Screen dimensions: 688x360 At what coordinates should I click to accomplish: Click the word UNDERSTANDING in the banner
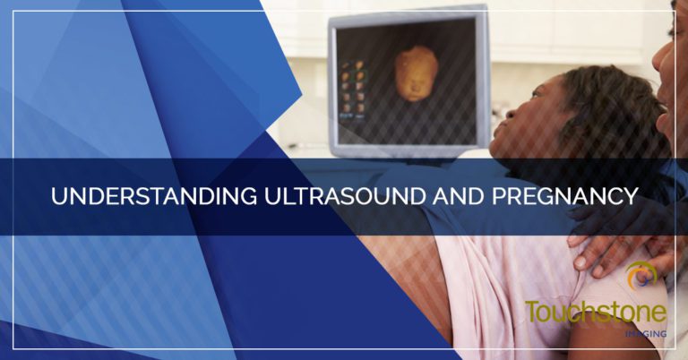click(x=154, y=196)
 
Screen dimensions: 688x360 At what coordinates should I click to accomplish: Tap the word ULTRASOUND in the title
click(x=344, y=196)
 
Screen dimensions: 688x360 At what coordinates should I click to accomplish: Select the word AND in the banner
click(x=458, y=196)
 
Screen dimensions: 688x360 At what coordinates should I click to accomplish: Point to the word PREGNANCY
click(x=564, y=196)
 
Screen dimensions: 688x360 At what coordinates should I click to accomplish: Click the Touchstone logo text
click(x=596, y=312)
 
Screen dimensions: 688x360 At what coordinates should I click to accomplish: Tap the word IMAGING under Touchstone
click(x=646, y=334)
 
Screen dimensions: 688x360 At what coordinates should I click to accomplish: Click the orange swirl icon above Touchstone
click(x=641, y=275)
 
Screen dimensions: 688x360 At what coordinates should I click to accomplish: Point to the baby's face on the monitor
click(x=416, y=73)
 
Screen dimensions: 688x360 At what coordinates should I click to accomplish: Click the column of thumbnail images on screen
click(x=353, y=90)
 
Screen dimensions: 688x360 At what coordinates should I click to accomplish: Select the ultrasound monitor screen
click(x=406, y=83)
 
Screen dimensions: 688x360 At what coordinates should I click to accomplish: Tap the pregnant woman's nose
click(x=510, y=114)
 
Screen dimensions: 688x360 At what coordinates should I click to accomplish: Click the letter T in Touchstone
click(x=532, y=312)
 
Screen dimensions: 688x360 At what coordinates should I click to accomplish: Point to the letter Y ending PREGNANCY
click(x=631, y=196)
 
